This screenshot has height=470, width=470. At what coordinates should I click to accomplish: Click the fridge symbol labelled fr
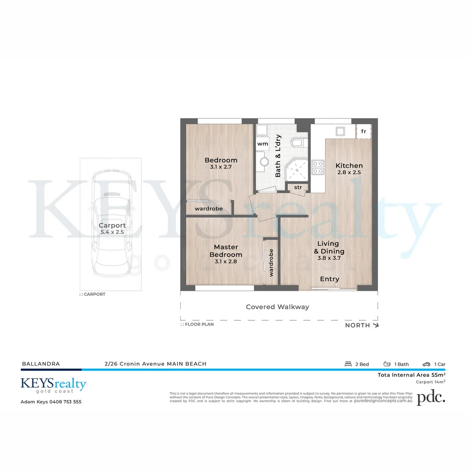[363, 131]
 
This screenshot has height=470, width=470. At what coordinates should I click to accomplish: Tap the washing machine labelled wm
[262, 144]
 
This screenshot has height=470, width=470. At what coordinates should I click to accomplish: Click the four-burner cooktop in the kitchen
[318, 167]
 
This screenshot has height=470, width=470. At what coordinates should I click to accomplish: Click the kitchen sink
[340, 131]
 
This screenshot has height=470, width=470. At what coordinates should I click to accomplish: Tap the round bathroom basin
[264, 161]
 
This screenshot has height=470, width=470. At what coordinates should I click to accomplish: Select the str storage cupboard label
[298, 188]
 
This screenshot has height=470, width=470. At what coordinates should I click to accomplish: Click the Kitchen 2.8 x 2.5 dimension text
[349, 172]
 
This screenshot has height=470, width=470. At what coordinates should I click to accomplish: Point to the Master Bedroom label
[225, 251]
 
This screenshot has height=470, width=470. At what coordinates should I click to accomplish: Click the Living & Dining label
[329, 248]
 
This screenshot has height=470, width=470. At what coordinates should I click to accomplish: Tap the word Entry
[329, 279]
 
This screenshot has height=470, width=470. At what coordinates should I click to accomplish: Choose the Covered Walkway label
[277, 307]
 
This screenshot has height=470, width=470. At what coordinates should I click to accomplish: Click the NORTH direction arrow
[376, 325]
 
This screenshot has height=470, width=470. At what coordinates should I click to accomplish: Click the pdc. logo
[431, 398]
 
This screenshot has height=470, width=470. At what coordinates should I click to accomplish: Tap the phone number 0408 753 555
[65, 402]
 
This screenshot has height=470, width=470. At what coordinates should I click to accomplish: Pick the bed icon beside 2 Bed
[348, 364]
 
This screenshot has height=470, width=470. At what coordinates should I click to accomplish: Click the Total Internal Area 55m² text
[411, 375]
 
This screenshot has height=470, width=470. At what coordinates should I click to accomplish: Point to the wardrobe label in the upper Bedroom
[208, 209]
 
